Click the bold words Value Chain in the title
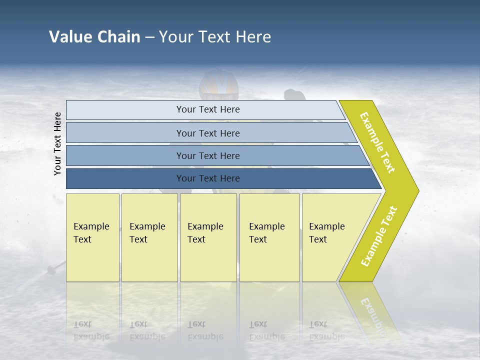click(94, 37)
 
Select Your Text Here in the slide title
click(215, 37)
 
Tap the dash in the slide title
click(149, 37)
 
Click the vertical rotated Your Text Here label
click(58, 143)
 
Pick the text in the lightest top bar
click(208, 109)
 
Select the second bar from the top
click(208, 133)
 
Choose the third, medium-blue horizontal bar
click(208, 155)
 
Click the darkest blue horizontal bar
click(208, 178)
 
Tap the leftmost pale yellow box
click(92, 237)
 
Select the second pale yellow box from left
click(149, 237)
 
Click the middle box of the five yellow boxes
click(208, 237)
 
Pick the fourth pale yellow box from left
click(269, 237)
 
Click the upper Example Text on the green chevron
click(377, 142)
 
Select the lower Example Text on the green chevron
click(379, 236)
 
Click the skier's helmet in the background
click(218, 85)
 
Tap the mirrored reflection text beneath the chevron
click(373, 312)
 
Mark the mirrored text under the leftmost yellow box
click(91, 330)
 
